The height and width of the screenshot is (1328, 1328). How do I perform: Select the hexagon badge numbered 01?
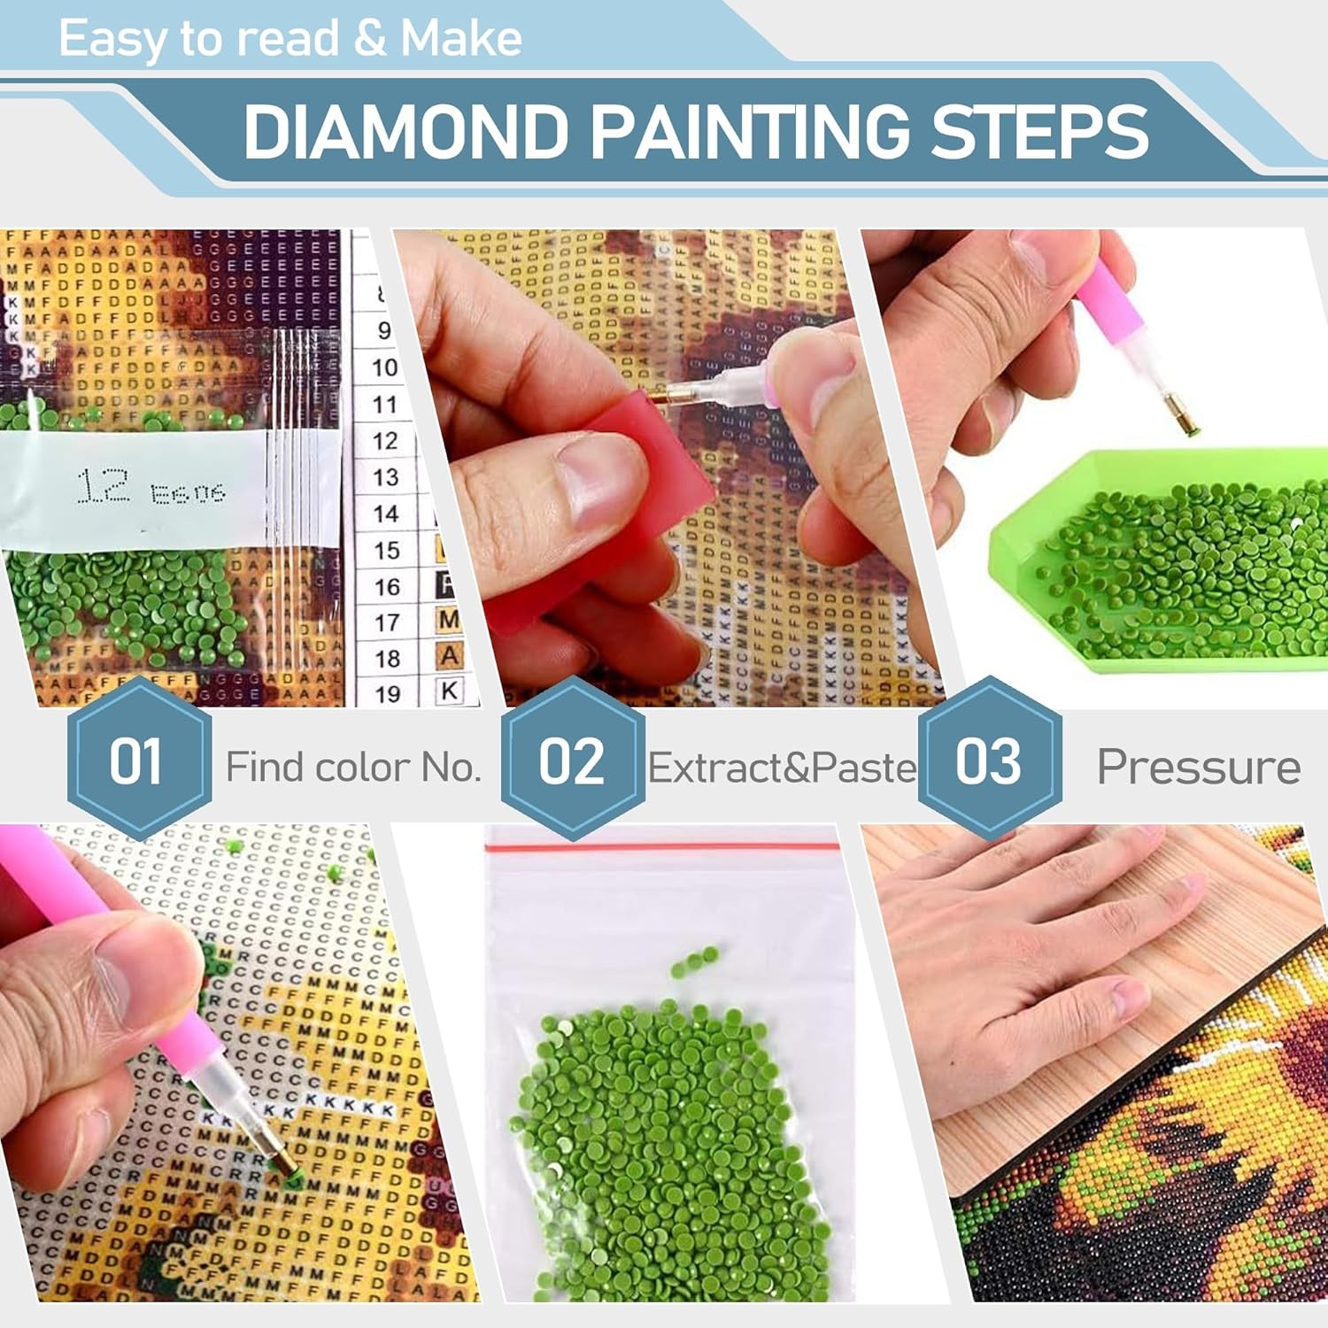click(x=138, y=760)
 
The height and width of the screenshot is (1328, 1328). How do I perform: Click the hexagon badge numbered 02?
click(x=572, y=760)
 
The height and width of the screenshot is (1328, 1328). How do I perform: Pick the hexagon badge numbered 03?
click(x=989, y=760)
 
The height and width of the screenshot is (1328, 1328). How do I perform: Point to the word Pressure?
click(x=1198, y=767)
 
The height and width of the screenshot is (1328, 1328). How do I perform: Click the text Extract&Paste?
click(x=782, y=768)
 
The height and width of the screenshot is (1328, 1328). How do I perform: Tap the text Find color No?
click(x=352, y=767)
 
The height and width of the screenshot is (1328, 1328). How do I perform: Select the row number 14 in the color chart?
click(x=385, y=514)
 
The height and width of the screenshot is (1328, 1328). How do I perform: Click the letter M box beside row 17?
click(x=449, y=620)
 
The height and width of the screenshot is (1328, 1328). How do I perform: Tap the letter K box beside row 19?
click(x=450, y=691)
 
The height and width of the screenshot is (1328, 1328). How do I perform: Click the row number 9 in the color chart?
click(x=383, y=330)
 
